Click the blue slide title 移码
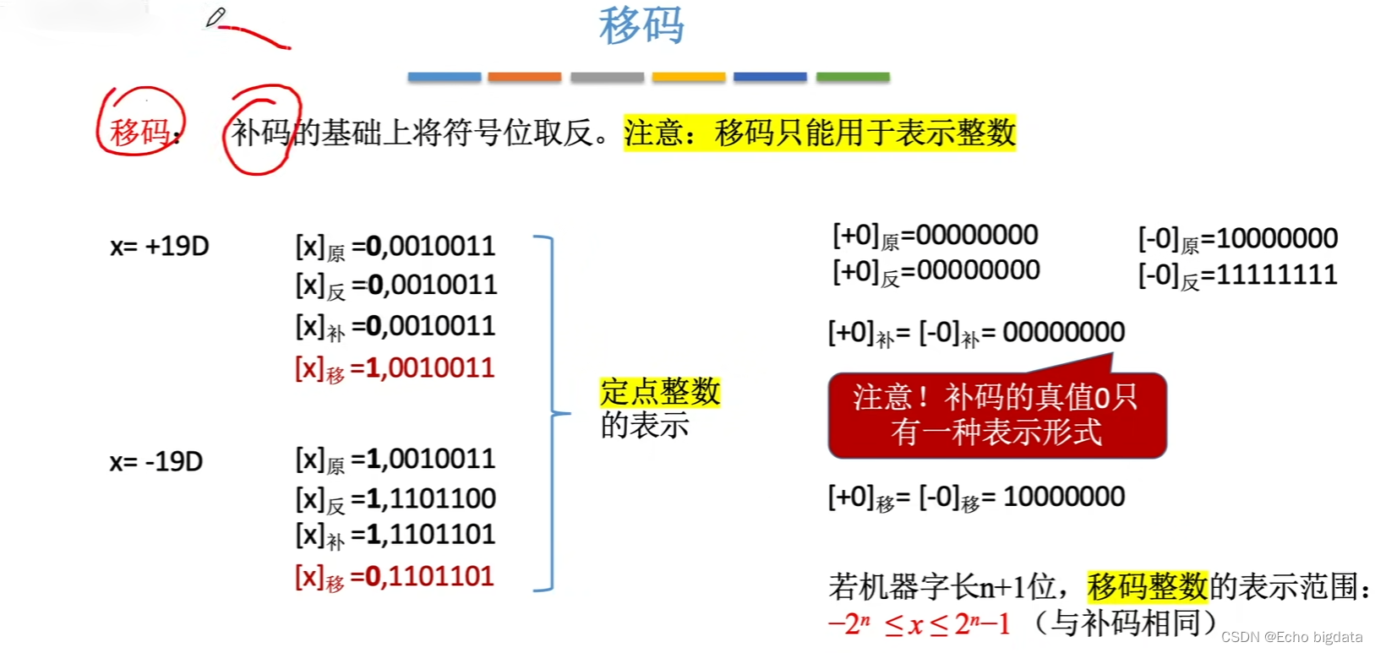coord(641,25)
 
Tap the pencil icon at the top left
coord(216,17)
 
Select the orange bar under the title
coord(524,77)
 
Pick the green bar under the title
coord(853,77)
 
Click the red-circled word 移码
coord(139,132)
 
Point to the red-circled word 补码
coord(261,132)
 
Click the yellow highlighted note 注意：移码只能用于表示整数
coord(820,133)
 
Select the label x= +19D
coord(160,246)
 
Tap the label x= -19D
coord(156,461)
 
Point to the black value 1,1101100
coord(431,498)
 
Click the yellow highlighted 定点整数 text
coord(660,392)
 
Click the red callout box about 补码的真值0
coord(997,415)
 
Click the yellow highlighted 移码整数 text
coord(1148,585)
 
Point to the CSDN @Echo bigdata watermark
coord(1291,637)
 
